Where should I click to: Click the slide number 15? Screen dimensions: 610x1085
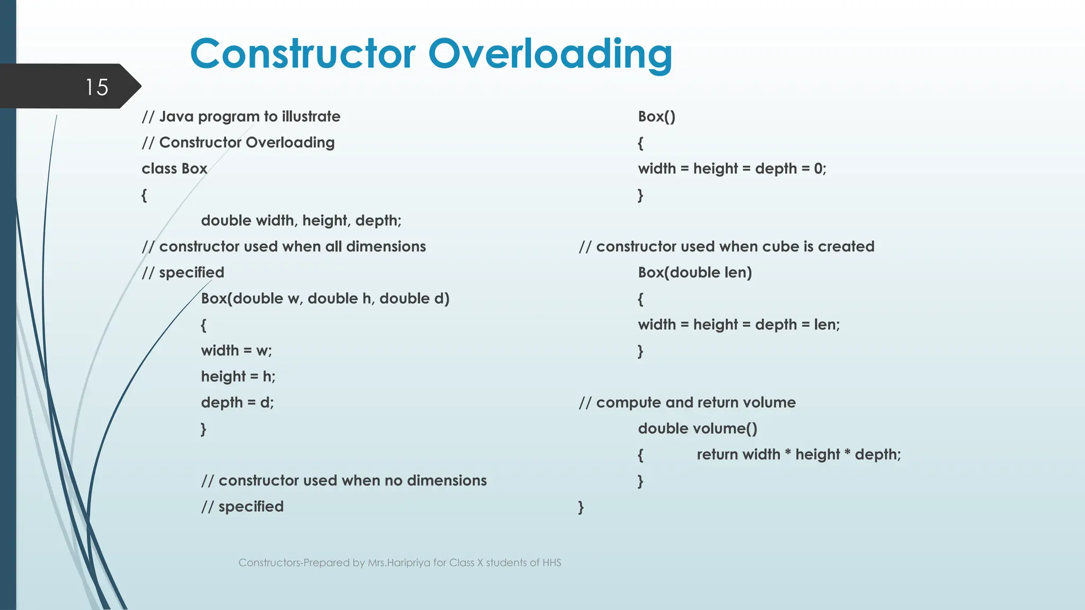(96, 87)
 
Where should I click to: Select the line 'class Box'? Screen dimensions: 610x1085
(174, 169)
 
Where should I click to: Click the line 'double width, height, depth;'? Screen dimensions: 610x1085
(301, 221)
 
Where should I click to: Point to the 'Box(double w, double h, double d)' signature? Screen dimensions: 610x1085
(325, 299)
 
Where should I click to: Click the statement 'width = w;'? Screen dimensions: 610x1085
(236, 351)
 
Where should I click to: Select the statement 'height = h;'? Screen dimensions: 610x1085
(238, 376)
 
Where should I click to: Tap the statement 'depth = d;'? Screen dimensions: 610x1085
(237, 402)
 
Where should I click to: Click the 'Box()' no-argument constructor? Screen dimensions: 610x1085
(656, 116)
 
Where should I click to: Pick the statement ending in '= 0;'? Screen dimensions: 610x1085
(732, 169)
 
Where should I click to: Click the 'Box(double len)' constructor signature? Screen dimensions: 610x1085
(695, 273)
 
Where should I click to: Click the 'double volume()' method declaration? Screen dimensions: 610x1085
(697, 428)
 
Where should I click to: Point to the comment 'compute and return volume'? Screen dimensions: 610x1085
(687, 402)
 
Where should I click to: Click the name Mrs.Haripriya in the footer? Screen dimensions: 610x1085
(399, 563)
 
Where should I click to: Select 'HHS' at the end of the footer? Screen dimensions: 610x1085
(552, 563)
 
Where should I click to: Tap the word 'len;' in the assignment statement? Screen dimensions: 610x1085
(826, 325)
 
